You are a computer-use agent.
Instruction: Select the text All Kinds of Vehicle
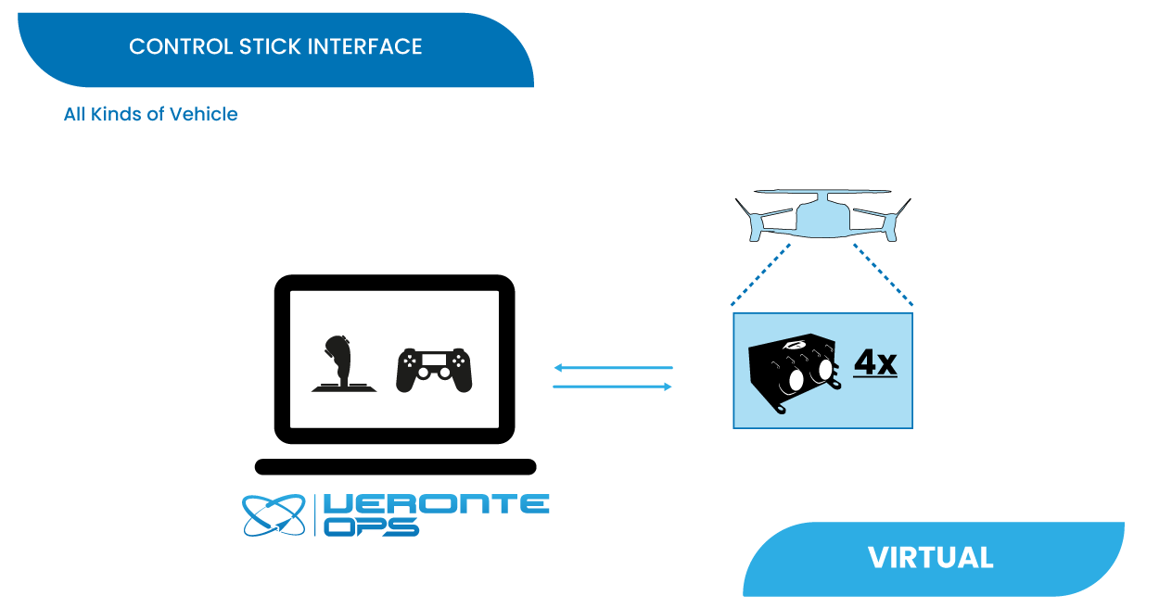click(150, 114)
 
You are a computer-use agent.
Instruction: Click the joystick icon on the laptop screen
click(343, 363)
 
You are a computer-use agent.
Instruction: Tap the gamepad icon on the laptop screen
click(434, 370)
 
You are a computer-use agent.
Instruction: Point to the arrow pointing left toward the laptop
click(612, 368)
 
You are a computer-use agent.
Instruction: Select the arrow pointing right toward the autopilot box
click(612, 386)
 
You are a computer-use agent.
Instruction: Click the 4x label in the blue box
click(874, 362)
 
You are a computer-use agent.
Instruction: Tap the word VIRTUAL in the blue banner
click(930, 558)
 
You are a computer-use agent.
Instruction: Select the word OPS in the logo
click(372, 526)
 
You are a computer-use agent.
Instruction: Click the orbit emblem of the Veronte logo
click(274, 515)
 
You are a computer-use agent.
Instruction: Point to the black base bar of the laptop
click(395, 467)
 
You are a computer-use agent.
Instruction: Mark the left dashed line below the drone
click(761, 274)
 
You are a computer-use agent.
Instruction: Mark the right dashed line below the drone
click(884, 274)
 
